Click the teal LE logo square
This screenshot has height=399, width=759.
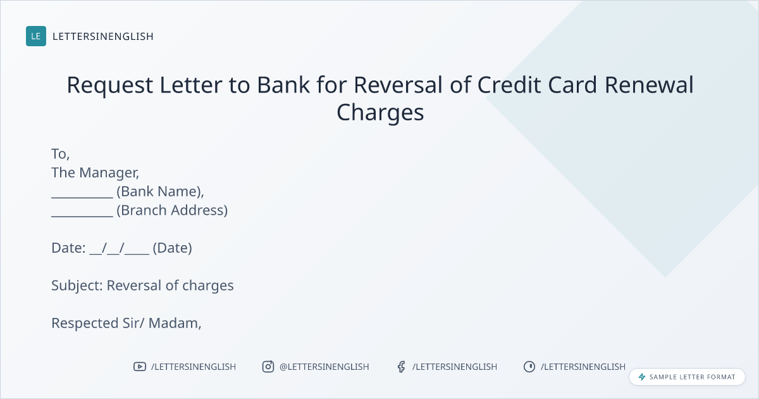[x=36, y=36]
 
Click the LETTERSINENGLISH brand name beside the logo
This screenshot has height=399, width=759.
[x=103, y=36]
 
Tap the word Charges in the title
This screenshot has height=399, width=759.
[x=380, y=113]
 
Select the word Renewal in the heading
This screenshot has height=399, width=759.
[x=649, y=85]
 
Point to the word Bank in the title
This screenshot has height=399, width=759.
[x=283, y=85]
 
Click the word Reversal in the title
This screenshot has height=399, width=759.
[x=398, y=85]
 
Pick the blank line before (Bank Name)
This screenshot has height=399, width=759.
[x=82, y=197]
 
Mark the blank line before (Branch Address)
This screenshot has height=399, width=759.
[x=82, y=216]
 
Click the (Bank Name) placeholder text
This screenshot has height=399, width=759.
[x=160, y=192]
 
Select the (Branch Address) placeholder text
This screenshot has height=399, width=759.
[x=172, y=211]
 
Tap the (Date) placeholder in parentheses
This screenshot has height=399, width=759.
[x=172, y=248]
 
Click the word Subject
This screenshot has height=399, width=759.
[x=77, y=286]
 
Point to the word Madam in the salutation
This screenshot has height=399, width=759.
[x=175, y=324]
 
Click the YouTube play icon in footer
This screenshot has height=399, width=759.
[x=140, y=367]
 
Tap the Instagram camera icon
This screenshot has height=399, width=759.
[x=268, y=367]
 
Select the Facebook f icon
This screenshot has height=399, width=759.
[x=402, y=367]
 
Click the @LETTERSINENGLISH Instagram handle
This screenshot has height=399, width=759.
[x=324, y=367]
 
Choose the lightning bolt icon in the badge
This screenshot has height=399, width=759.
[x=642, y=377]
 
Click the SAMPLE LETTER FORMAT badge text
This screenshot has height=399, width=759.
[x=692, y=377]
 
